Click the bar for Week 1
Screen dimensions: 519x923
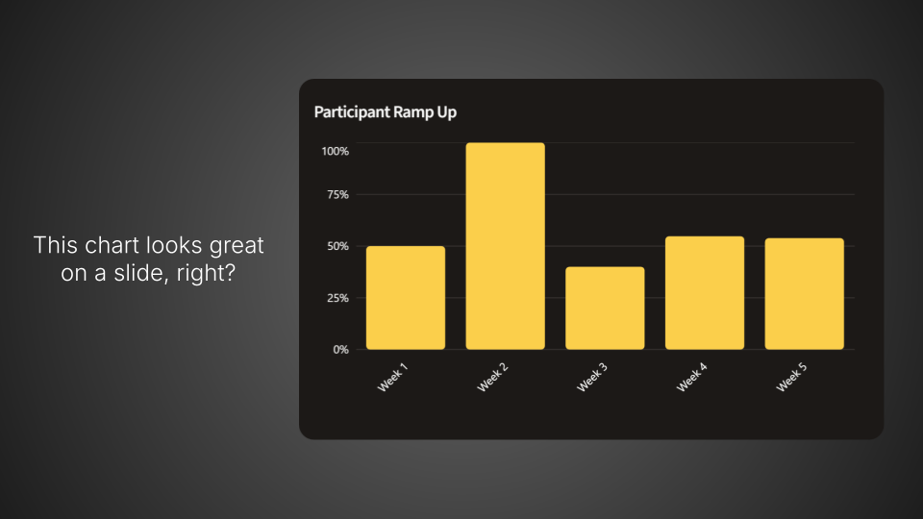tap(406, 298)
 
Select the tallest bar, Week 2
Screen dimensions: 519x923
tap(505, 246)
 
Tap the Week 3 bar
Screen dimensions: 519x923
tap(605, 309)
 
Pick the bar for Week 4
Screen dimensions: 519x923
tap(705, 293)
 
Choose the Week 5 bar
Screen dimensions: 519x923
tap(804, 294)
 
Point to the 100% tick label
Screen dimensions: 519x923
tap(335, 152)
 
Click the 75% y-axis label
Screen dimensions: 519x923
tap(337, 195)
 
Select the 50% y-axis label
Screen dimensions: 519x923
tap(337, 246)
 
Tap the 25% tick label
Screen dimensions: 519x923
tap(337, 298)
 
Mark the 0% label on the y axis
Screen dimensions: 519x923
tap(340, 350)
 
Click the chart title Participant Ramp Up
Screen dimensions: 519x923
tap(385, 112)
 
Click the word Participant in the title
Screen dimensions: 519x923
tap(352, 112)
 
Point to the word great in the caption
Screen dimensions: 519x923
tap(236, 246)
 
